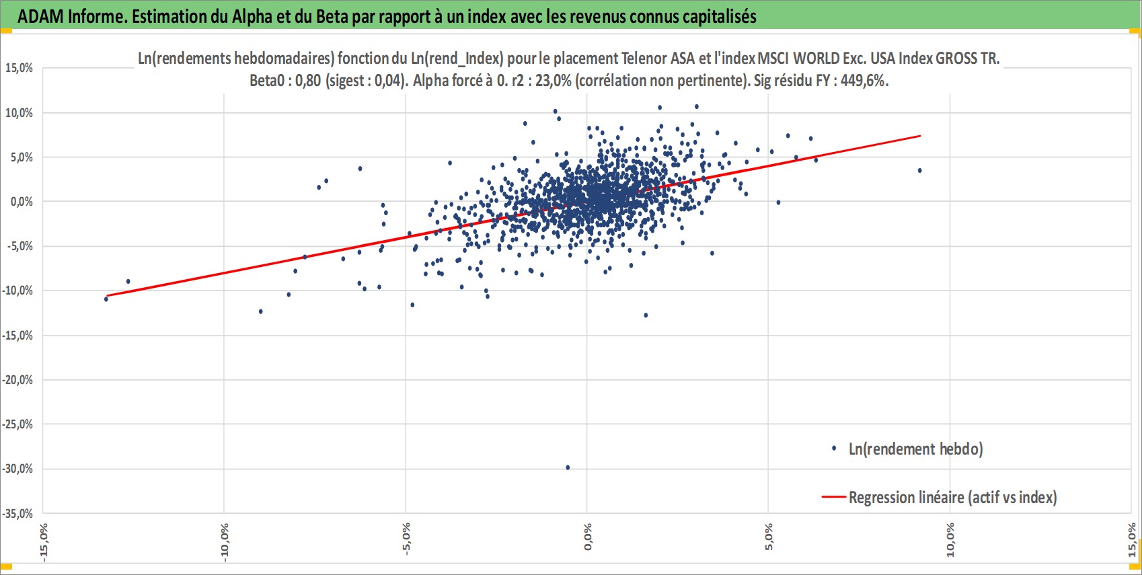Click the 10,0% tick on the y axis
(x=19, y=113)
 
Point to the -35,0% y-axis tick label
(x=17, y=513)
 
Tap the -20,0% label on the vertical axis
(x=17, y=380)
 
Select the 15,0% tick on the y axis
(x=19, y=69)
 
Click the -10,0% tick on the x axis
(x=225, y=542)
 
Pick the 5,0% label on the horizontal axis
(x=769, y=537)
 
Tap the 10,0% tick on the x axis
(x=950, y=540)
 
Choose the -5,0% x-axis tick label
(x=406, y=539)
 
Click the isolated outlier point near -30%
(x=568, y=467)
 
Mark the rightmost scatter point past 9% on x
(x=919, y=171)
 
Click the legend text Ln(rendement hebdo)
(x=915, y=449)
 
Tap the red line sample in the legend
(x=834, y=497)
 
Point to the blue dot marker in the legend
(x=834, y=449)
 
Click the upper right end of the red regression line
(x=920, y=136)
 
